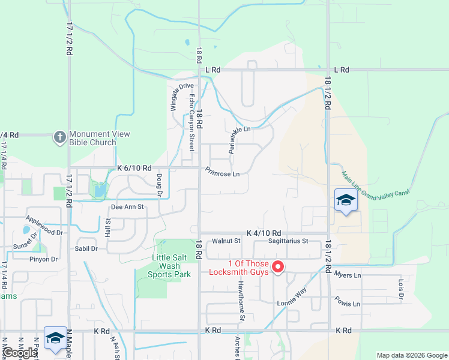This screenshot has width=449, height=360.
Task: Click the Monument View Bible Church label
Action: pos(93,138)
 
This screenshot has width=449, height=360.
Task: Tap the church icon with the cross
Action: pos(59,137)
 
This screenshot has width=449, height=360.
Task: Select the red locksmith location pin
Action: pos(278,266)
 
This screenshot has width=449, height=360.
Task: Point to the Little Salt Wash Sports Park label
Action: pos(171,266)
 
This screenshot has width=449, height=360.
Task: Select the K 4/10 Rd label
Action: pos(264,233)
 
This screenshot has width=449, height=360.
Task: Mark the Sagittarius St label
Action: pos(288,241)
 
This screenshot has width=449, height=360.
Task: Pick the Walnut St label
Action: pos(226,241)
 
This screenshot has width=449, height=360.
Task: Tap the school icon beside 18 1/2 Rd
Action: pos(346,200)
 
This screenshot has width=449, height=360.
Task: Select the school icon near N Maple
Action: pos(55,337)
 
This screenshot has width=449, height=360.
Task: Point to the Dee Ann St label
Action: pos(127,207)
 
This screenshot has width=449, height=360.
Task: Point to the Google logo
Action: pos(20,353)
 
